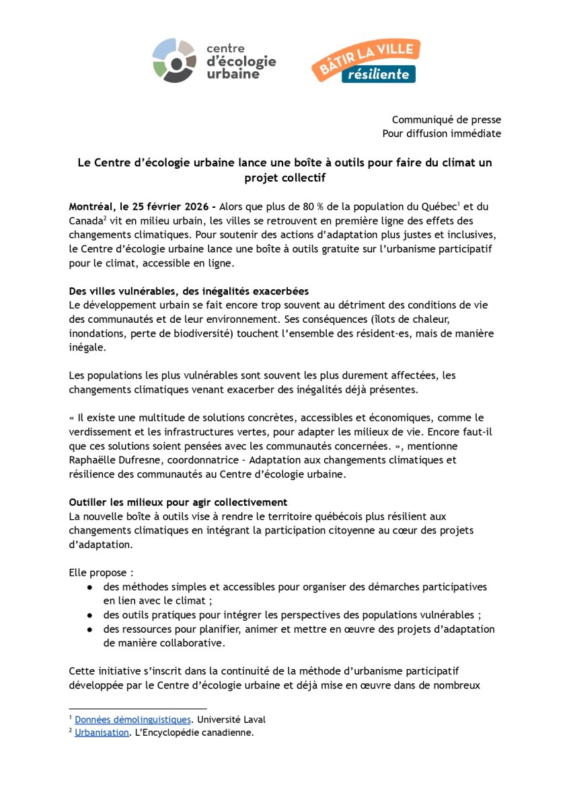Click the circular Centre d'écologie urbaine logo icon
[174, 61]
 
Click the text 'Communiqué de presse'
[447, 120]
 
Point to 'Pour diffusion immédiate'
[442, 133]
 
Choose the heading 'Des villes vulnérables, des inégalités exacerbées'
[189, 291]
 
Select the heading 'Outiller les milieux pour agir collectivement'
[178, 502]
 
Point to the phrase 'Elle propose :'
[101, 572]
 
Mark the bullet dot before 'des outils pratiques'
[89, 615]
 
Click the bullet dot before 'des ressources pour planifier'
[89, 629]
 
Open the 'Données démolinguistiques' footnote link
[132, 720]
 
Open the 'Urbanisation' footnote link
[102, 732]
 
